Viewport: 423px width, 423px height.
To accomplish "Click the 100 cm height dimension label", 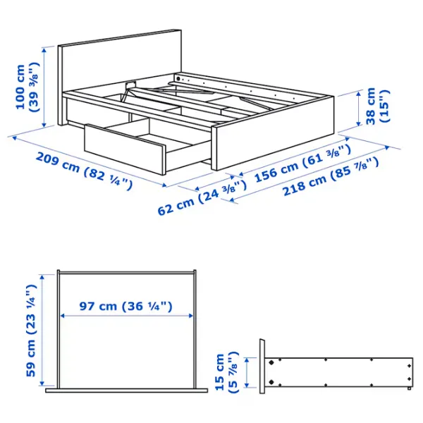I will tap(26, 87).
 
